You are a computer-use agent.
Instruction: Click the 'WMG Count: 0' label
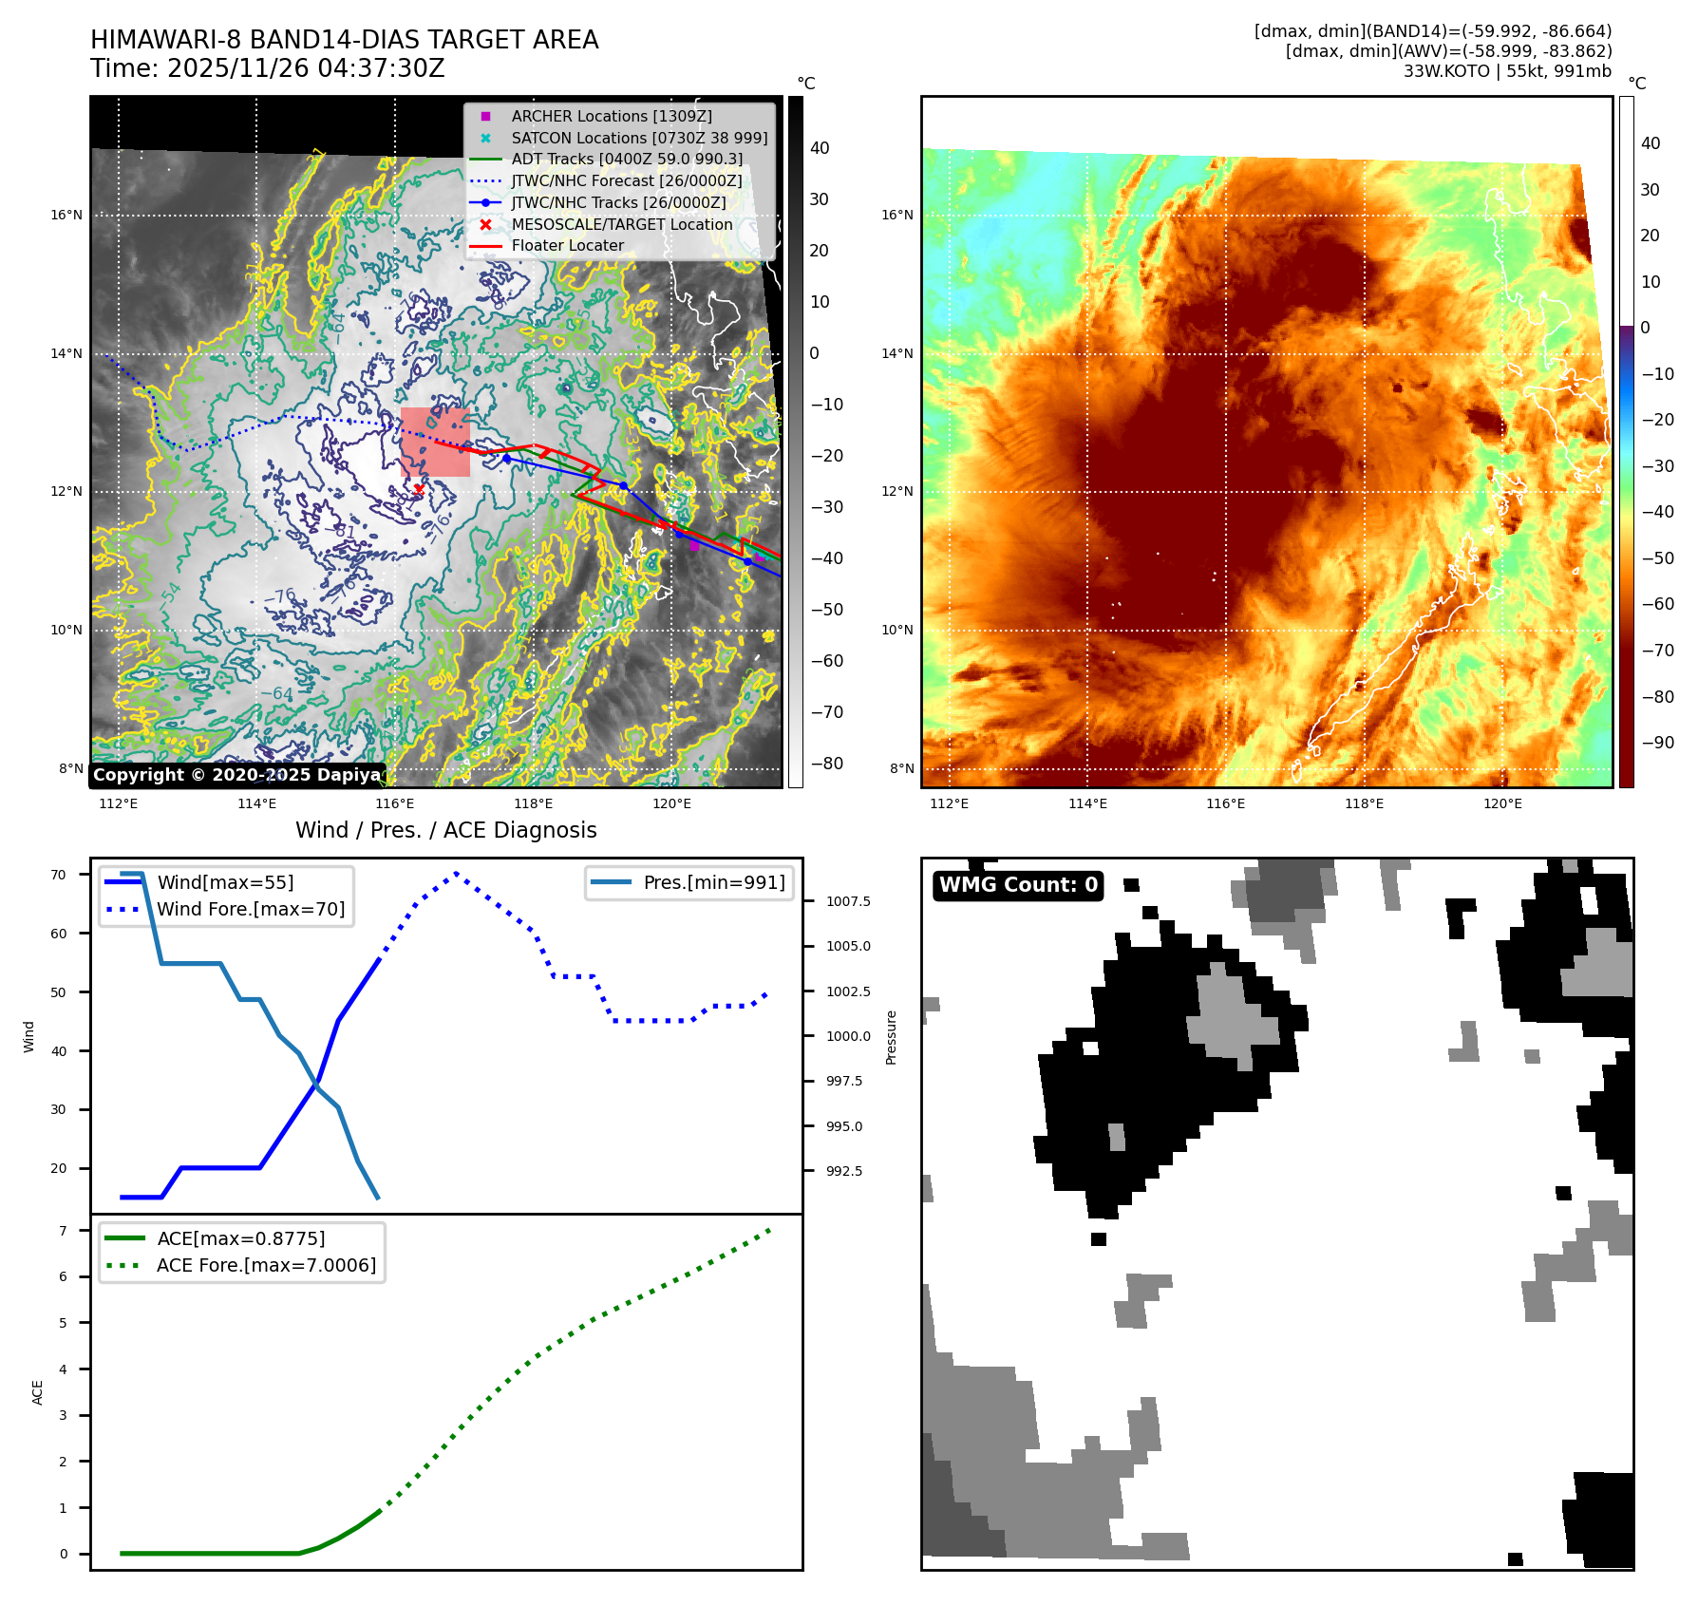click(1018, 885)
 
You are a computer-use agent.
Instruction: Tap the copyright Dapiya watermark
click(237, 775)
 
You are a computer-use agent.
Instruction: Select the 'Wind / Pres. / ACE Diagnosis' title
click(445, 830)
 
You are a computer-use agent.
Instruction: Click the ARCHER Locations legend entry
click(611, 116)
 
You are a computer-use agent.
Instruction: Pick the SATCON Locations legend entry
click(639, 138)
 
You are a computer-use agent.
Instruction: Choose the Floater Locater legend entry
click(567, 245)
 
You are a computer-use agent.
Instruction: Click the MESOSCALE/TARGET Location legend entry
click(621, 224)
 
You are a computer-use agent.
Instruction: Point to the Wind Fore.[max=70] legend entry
click(251, 909)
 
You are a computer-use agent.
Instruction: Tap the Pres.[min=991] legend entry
click(713, 882)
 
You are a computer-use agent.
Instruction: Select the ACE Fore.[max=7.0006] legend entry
click(266, 1265)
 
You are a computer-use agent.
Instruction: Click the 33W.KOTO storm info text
click(1507, 71)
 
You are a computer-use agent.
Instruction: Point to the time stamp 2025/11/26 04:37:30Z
click(268, 68)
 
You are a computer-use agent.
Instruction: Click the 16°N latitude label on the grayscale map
click(66, 216)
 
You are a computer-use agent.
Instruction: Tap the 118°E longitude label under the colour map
click(1364, 803)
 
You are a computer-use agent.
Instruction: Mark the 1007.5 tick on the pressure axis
click(847, 901)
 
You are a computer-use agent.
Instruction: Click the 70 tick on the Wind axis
click(59, 875)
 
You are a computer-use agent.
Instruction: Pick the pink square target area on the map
click(435, 442)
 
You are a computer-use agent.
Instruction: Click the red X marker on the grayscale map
click(419, 489)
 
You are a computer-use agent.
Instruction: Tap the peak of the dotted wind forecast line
click(457, 873)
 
